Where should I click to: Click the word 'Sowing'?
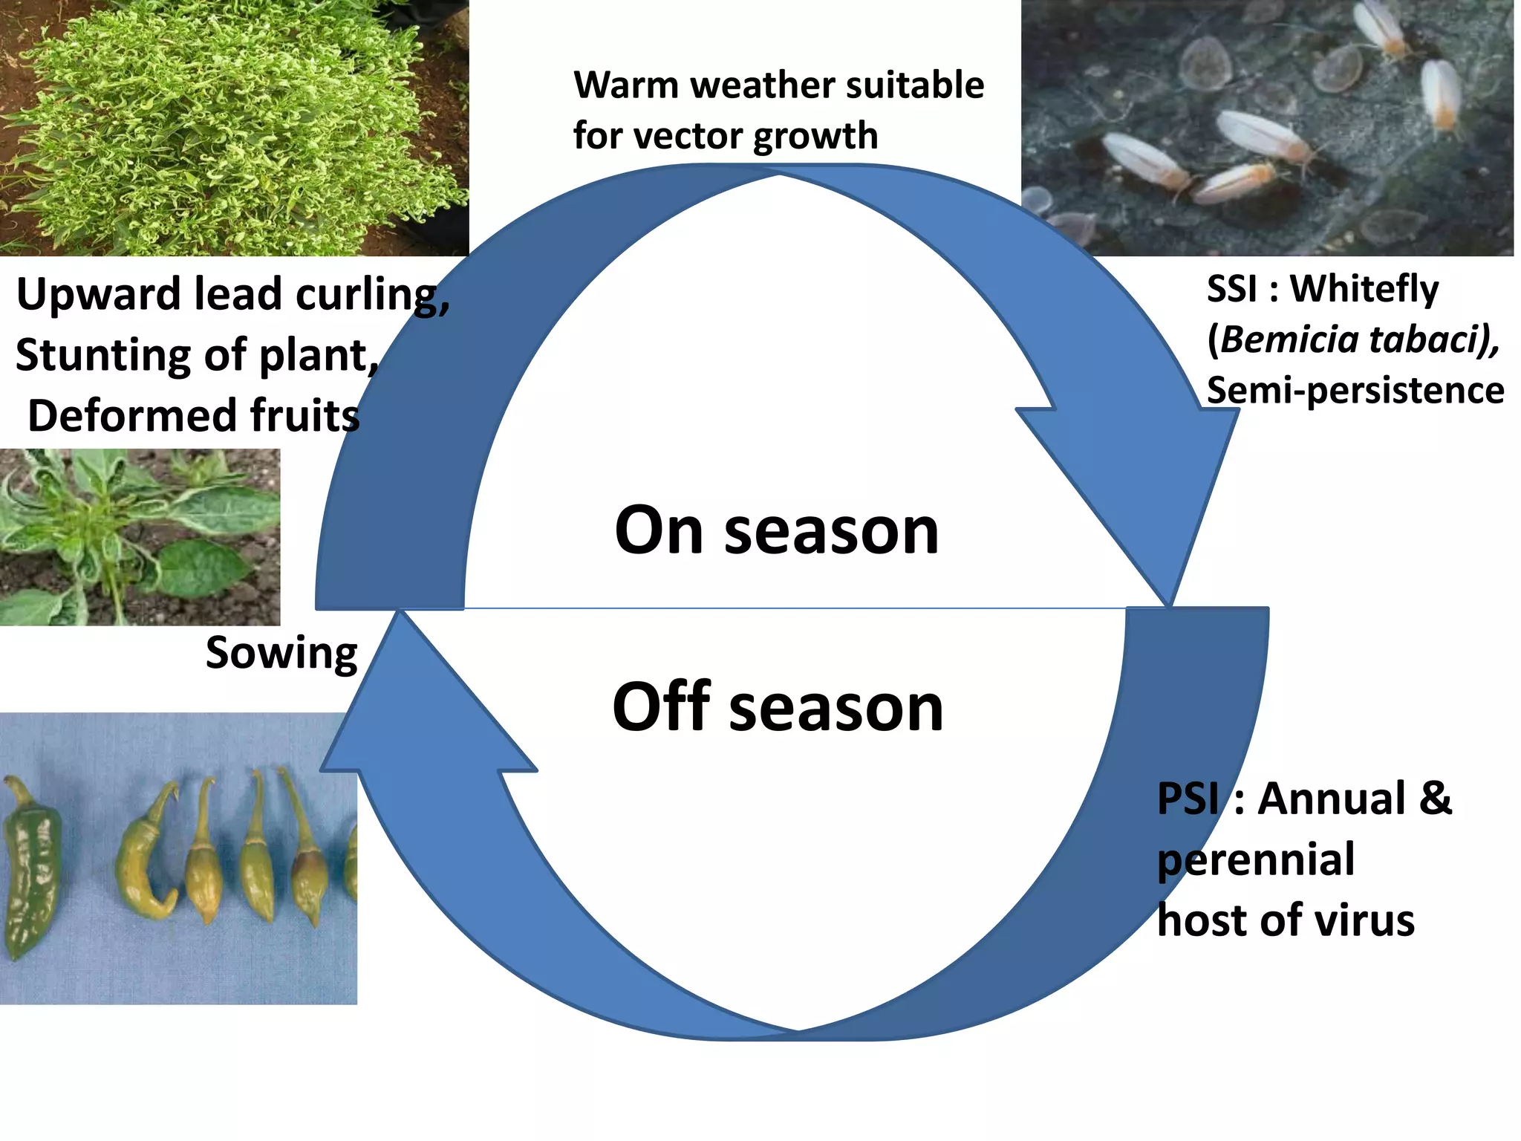click(281, 654)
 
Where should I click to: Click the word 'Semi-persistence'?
click(1355, 390)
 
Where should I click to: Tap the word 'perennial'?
click(1256, 860)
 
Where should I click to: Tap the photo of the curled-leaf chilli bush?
click(234, 128)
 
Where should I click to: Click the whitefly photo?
click(1267, 128)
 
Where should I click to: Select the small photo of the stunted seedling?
click(140, 536)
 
